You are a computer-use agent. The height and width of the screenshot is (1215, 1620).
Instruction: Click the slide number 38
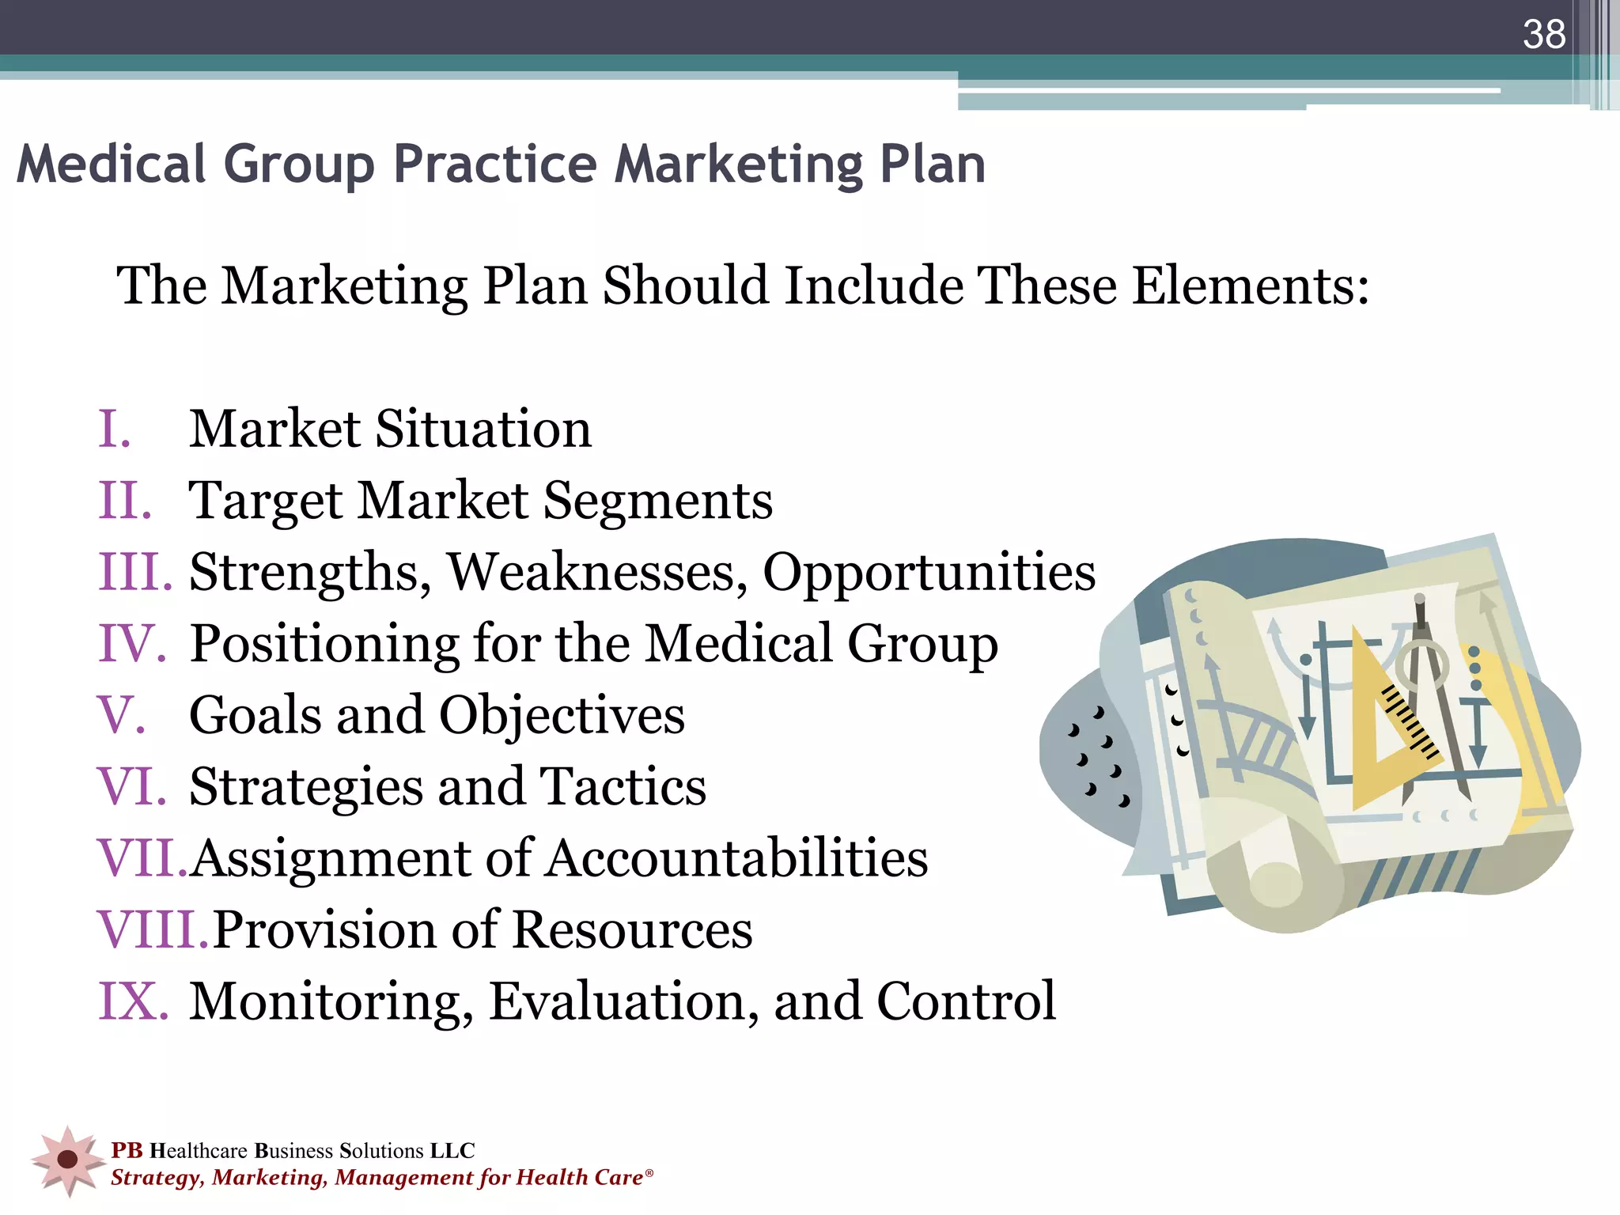pyautogui.click(x=1544, y=35)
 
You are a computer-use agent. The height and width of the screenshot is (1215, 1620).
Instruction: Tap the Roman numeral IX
pyautogui.click(x=132, y=1001)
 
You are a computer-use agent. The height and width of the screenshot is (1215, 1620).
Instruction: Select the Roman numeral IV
pyautogui.click(x=131, y=643)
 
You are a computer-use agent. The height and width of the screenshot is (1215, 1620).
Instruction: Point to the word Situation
pyautogui.click(x=483, y=429)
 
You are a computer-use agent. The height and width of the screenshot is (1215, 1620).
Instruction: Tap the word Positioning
pyautogui.click(x=324, y=644)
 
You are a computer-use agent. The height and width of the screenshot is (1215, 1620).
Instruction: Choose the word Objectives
pyautogui.click(x=562, y=715)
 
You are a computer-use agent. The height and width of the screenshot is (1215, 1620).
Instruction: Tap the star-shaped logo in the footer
pyautogui.click(x=68, y=1160)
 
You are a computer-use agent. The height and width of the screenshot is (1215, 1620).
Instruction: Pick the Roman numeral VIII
pyautogui.click(x=151, y=929)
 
